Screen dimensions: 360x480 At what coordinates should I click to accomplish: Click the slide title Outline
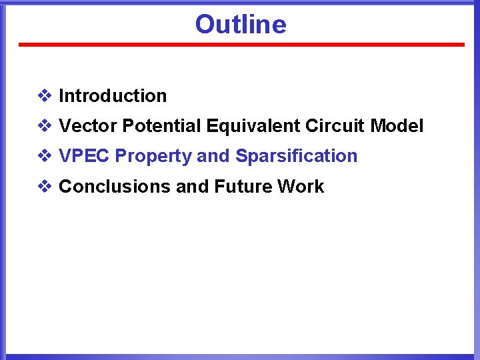click(241, 25)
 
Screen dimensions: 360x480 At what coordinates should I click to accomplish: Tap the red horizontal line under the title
click(241, 45)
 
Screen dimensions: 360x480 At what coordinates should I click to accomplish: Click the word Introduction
click(113, 96)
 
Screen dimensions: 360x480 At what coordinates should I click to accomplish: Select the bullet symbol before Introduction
click(44, 96)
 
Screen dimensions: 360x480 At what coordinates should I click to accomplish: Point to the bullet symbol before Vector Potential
click(44, 126)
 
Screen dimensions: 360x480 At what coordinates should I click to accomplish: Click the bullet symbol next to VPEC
click(44, 156)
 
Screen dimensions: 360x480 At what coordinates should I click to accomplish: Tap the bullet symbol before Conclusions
click(44, 187)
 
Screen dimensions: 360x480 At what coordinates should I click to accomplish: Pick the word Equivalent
click(253, 126)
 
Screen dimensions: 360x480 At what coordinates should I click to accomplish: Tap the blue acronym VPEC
click(84, 156)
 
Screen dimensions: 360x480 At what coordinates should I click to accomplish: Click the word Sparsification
click(296, 156)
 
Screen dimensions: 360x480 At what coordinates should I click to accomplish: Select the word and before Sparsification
click(213, 156)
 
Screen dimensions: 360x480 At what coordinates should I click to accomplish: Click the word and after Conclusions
click(191, 187)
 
